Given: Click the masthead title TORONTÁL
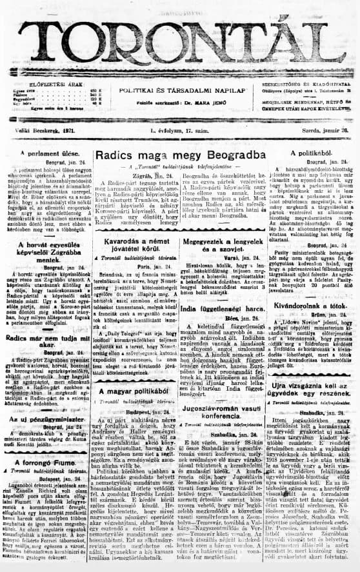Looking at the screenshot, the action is coord(180,41).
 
